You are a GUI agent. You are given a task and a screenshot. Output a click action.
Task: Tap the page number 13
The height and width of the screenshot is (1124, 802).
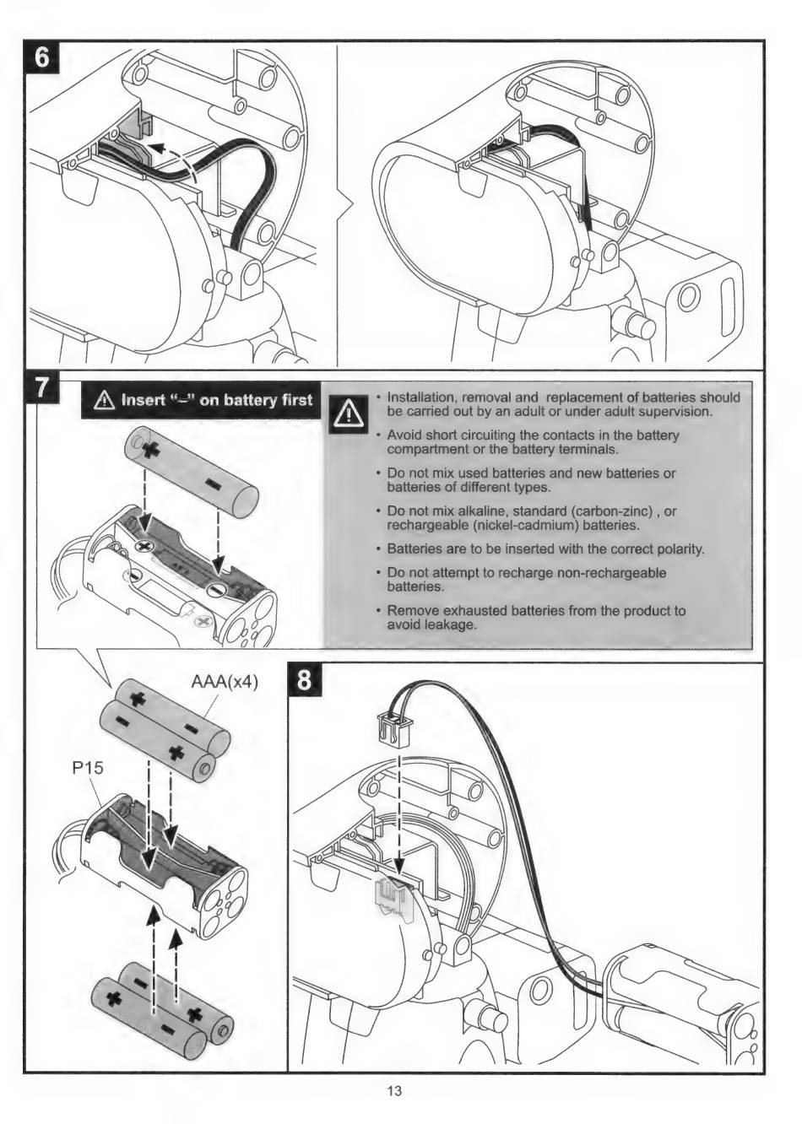click(x=394, y=1091)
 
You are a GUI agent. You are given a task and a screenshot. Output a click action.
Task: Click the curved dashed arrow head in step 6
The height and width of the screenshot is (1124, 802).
click(x=153, y=149)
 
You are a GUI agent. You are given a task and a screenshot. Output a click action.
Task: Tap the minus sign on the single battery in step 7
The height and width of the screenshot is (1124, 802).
click(x=211, y=485)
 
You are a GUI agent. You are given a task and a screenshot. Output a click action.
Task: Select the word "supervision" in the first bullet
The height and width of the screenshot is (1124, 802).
click(x=672, y=412)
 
